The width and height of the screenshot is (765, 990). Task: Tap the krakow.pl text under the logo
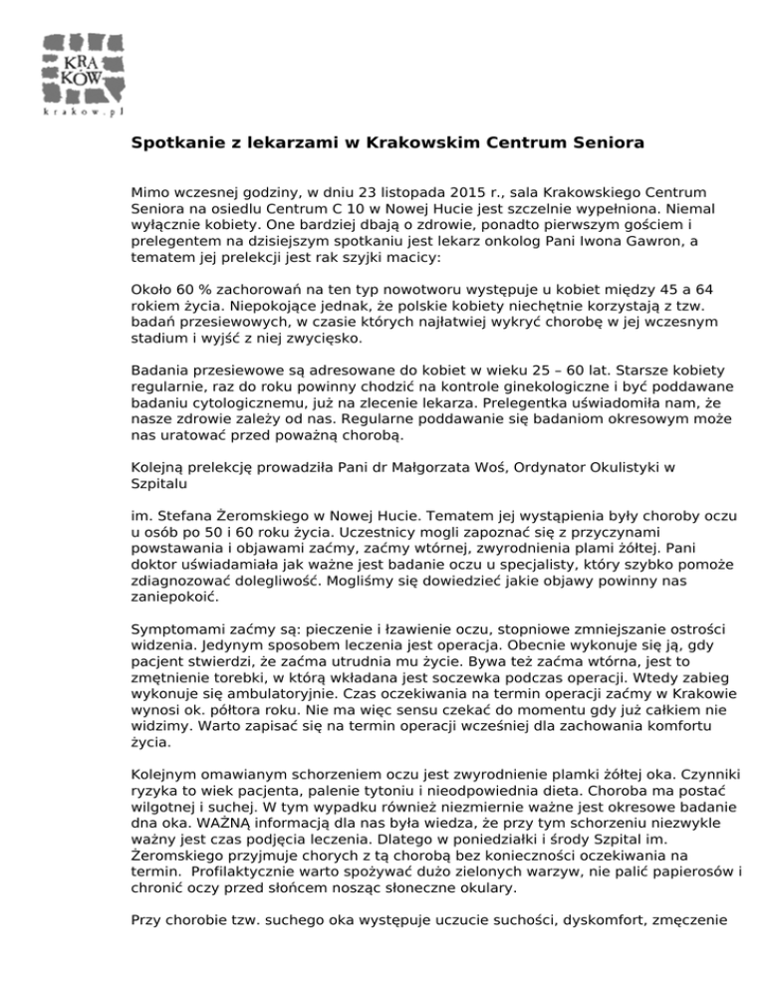coord(85,113)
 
